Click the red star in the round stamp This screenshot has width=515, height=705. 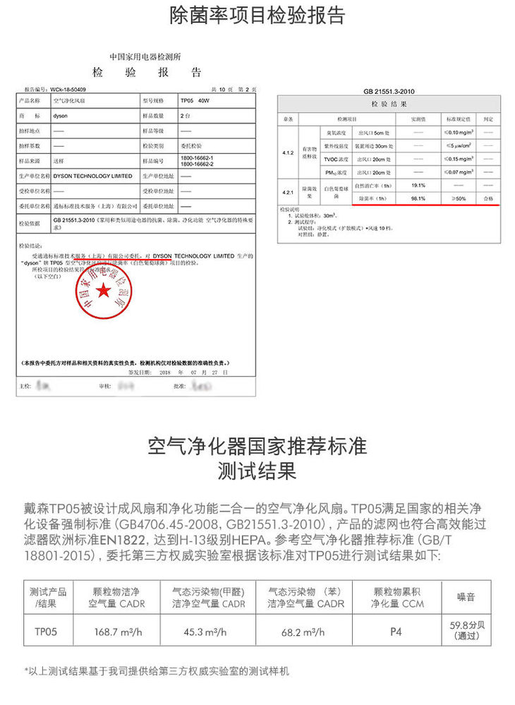point(104,290)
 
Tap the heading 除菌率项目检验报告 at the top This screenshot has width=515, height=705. point(257,16)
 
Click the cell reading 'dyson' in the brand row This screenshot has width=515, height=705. point(61,114)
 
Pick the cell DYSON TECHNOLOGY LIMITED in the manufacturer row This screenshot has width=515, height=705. point(92,176)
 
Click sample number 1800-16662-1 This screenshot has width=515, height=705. point(198,157)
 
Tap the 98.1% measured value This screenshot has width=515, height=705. point(418,199)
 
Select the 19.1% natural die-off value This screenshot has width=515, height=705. point(418,186)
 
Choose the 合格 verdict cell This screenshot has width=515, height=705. point(488,199)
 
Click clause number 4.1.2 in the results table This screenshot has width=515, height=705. point(288,152)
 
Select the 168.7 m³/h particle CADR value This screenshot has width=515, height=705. point(118,632)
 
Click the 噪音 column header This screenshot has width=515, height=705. point(466,598)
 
